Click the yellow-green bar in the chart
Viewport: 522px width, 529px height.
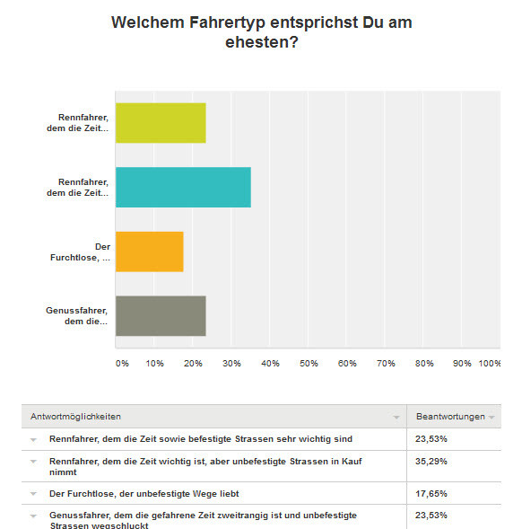161,123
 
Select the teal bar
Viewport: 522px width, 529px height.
183,187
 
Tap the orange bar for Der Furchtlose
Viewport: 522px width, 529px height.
150,251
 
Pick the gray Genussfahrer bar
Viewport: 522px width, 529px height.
161,316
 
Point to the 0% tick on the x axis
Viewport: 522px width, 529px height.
122,364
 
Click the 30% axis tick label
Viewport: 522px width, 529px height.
231,364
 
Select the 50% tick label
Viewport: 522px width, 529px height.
309,364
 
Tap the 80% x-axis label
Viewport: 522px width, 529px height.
424,364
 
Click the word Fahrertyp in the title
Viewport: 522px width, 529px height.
227,22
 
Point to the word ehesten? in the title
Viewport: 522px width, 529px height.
262,42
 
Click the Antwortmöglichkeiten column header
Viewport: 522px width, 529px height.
76,417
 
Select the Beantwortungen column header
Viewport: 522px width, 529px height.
450,417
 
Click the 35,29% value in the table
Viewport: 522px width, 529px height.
431,461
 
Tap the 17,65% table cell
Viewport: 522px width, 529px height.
431,494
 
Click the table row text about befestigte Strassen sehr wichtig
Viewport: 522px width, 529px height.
201,439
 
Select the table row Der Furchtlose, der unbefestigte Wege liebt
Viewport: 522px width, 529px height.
144,494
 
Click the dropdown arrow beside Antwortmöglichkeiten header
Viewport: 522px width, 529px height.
396,418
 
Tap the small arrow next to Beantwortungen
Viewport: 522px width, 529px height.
492,418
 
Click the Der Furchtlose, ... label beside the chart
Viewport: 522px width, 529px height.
81,252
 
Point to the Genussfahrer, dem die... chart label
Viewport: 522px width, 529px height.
77,316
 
